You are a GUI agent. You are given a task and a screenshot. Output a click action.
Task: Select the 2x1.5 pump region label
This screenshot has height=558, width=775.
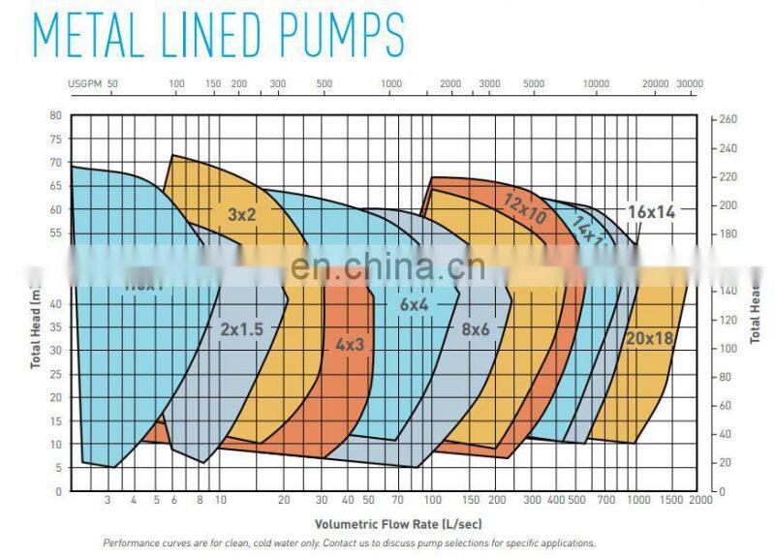241,328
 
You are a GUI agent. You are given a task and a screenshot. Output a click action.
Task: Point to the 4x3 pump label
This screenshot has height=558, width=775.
351,343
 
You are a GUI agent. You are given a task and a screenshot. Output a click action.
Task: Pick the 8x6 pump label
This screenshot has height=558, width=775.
475,328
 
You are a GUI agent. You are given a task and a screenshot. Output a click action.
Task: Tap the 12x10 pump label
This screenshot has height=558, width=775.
525,207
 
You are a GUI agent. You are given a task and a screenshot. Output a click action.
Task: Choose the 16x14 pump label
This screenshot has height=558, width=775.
650,210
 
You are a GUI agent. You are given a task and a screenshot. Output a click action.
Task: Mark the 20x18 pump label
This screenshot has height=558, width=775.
649,339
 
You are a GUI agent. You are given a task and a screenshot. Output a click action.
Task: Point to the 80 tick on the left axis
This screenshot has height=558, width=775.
54,115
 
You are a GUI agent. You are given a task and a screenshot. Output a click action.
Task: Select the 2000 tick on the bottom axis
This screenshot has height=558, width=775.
700,500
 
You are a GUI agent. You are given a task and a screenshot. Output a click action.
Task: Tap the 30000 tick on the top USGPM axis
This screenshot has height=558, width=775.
689,84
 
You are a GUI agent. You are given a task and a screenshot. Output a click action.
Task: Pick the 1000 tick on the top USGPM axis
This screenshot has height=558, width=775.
391,84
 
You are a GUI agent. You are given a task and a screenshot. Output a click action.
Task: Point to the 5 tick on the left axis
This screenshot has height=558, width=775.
57,468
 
